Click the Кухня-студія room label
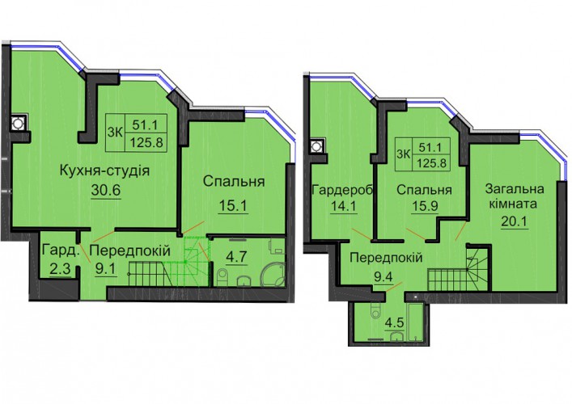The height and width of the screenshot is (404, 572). click(x=104, y=170)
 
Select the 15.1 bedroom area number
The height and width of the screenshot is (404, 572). click(x=233, y=206)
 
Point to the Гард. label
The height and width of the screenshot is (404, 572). click(x=61, y=250)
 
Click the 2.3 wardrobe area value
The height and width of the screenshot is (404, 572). click(x=61, y=269)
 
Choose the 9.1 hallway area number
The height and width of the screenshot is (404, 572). click(x=105, y=269)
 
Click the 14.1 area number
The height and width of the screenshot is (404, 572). click(x=342, y=206)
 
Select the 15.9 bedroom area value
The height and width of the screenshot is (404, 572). click(x=425, y=206)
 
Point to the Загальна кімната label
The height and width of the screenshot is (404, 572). click(x=515, y=196)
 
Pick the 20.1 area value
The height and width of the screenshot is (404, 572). click(x=515, y=221)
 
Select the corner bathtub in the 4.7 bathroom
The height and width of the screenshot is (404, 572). click(x=273, y=274)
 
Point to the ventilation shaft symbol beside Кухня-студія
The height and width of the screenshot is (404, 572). click(x=17, y=124)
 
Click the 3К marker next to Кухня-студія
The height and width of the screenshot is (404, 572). click(x=115, y=133)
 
